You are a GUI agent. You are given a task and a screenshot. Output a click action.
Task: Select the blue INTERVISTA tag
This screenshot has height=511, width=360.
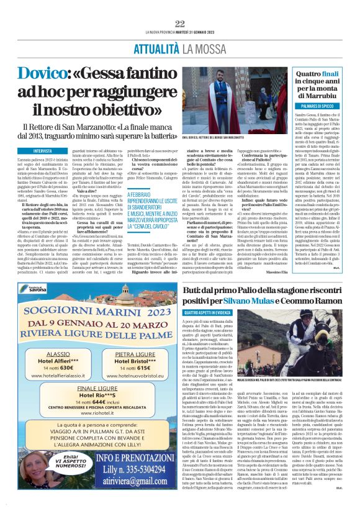[43, 150]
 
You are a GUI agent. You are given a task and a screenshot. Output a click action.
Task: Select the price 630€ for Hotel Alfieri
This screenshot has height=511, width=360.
[68, 366]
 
